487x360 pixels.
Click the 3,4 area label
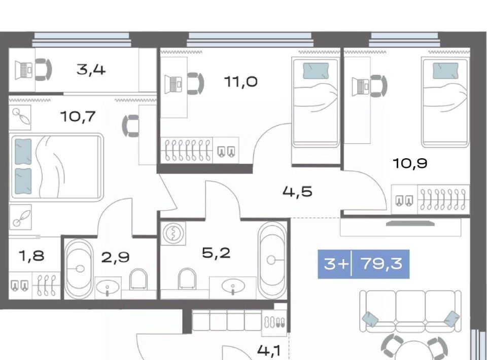tap(91, 69)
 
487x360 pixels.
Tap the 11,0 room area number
tap(240, 82)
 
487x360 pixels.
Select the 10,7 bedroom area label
tap(78, 117)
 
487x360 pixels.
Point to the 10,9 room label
tap(410, 163)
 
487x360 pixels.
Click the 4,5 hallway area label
tap(298, 192)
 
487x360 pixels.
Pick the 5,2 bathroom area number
tap(216, 253)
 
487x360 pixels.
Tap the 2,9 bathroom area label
tap(116, 257)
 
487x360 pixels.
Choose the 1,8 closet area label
tap(31, 256)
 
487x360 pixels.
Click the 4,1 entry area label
tap(269, 351)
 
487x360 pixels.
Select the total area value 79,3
tap(382, 264)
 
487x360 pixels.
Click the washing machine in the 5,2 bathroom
tap(173, 233)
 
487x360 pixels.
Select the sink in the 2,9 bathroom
tap(107, 287)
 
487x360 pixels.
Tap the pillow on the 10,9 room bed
tap(446, 70)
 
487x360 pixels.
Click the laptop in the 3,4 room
tap(24, 70)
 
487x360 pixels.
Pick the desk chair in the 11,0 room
tap(196, 84)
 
